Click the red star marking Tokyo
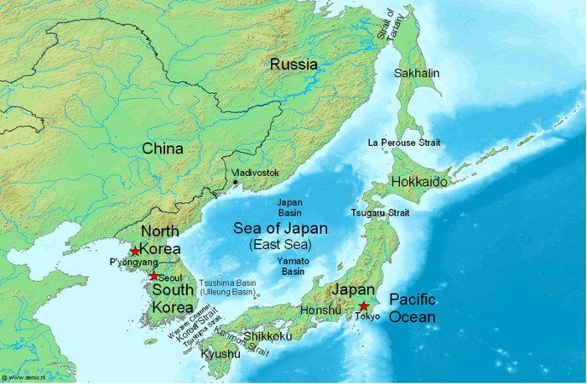[x=363, y=306]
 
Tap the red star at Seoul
[x=153, y=275]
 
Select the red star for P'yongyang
[x=135, y=251]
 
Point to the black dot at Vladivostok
[x=236, y=182]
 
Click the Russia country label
[x=293, y=64]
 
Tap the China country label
[x=163, y=148]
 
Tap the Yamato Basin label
[x=293, y=267]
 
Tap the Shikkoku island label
[x=267, y=336]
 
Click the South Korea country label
[x=173, y=298]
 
